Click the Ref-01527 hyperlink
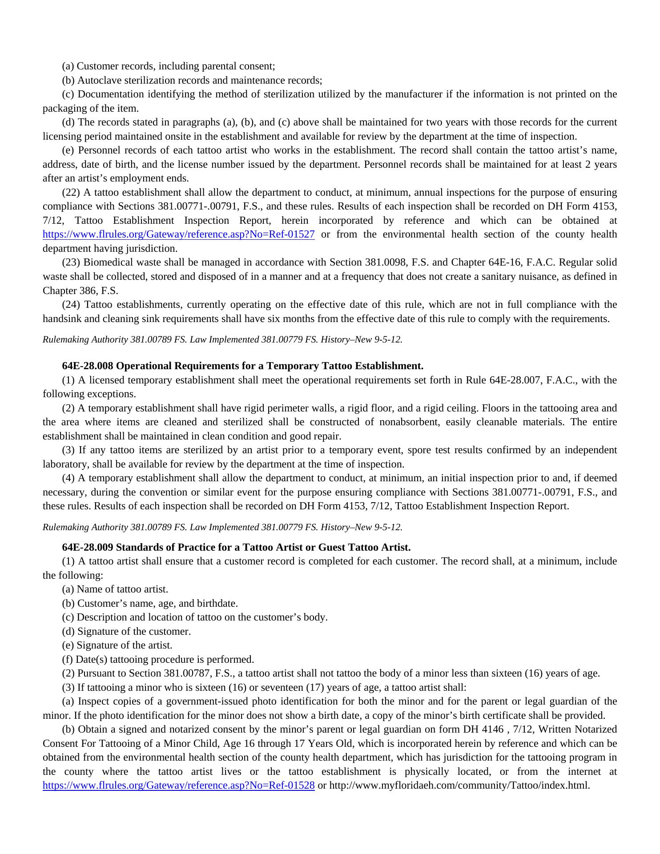tap(178, 234)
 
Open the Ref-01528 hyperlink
tap(178, 785)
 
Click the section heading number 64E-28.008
tap(88, 366)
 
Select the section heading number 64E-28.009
tap(88, 547)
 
